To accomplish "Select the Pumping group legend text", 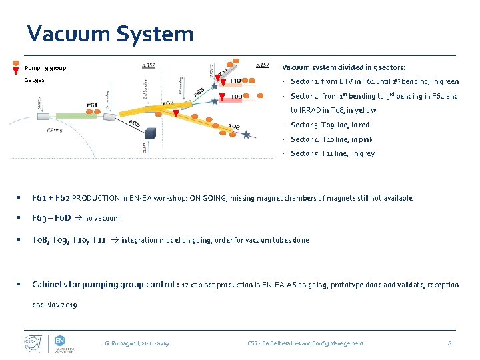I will pyautogui.click(x=45, y=68).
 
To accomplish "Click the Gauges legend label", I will pyautogui.click(x=35, y=79).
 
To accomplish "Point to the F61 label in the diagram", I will pyautogui.click(x=93, y=105).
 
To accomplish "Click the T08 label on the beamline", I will pyautogui.click(x=234, y=127).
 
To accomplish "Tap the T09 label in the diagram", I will pyautogui.click(x=236, y=97).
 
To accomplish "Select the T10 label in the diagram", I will pyautogui.click(x=235, y=81).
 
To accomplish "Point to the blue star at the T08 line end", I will pyautogui.click(x=247, y=135).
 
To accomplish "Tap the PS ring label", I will pyautogui.click(x=55, y=131).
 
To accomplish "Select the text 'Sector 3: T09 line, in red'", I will pyautogui.click(x=330, y=125).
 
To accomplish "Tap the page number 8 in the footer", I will pyautogui.click(x=450, y=343).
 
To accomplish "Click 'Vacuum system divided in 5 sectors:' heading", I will pyautogui.click(x=343, y=67).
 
